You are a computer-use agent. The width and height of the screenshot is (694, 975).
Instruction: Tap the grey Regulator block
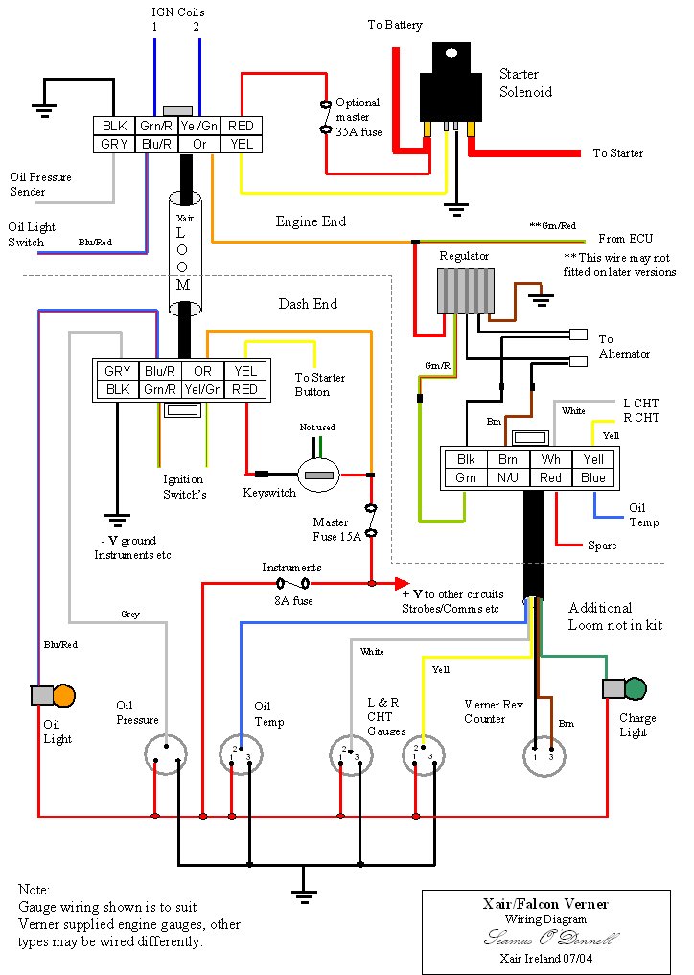click(x=466, y=290)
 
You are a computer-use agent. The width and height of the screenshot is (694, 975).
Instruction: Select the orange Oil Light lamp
click(x=63, y=695)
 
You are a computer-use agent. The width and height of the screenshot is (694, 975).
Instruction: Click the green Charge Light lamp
click(x=635, y=687)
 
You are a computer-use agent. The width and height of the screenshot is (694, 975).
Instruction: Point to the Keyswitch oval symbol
click(x=318, y=475)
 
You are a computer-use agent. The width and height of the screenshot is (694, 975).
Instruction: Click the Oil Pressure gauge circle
click(x=165, y=754)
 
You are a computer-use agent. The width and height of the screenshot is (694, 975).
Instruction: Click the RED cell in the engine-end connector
click(x=242, y=126)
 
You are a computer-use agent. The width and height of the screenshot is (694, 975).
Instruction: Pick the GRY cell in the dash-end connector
click(x=118, y=371)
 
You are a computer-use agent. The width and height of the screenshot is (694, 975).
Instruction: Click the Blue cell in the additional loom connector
click(x=593, y=477)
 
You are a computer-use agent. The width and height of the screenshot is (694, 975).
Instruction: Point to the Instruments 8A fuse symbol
click(x=291, y=583)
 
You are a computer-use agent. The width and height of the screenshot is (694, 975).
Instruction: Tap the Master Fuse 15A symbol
click(x=371, y=520)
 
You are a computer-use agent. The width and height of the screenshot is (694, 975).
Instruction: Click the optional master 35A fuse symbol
click(x=326, y=116)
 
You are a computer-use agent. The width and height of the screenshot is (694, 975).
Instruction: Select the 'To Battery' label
click(x=395, y=25)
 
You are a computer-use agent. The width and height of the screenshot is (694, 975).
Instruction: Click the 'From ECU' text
click(x=625, y=239)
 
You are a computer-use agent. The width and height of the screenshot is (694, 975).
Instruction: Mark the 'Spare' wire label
click(x=602, y=546)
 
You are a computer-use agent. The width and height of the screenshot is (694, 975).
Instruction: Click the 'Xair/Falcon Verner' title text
click(x=545, y=904)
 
